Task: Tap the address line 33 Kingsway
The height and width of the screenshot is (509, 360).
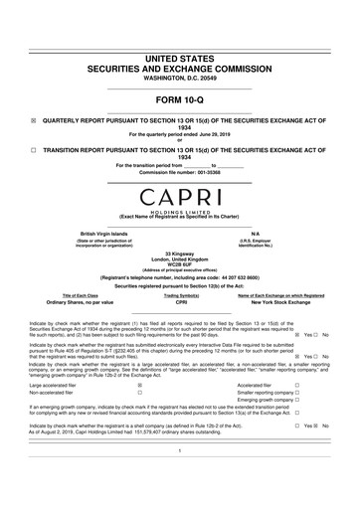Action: click(180, 255)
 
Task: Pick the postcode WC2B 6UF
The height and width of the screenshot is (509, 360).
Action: click(180, 267)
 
